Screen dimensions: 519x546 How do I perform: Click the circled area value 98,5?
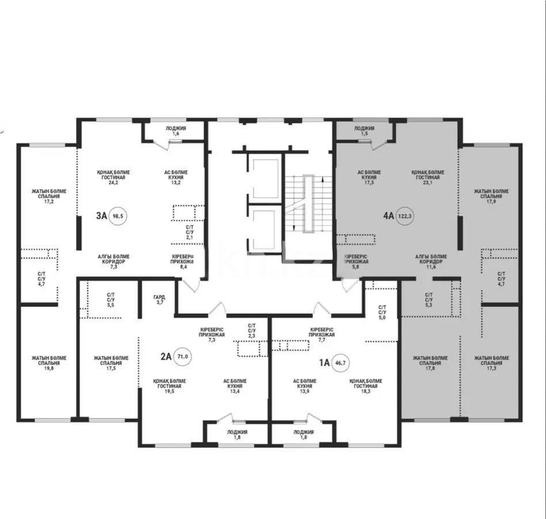click(x=119, y=216)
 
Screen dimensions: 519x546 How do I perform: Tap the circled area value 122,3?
click(x=406, y=216)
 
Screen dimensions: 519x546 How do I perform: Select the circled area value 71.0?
click(x=184, y=356)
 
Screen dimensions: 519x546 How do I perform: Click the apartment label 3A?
click(x=101, y=216)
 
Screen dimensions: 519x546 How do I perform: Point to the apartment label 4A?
click(x=388, y=216)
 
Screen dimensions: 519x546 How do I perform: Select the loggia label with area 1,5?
click(x=364, y=131)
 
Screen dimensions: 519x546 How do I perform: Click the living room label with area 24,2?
click(x=112, y=177)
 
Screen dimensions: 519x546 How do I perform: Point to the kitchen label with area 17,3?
click(x=369, y=177)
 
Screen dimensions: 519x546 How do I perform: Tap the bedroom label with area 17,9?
click(x=491, y=196)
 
